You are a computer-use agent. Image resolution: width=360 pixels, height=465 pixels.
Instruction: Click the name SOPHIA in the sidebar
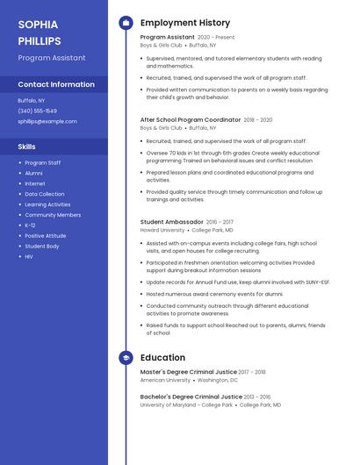coord(38,25)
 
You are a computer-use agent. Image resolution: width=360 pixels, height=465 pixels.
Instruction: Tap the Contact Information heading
coord(56,84)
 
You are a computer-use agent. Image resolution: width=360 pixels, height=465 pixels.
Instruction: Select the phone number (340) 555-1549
coord(37,111)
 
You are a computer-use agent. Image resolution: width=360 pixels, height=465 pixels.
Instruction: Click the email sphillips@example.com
coord(47,121)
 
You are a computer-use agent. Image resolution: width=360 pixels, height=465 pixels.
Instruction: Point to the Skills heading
coord(26,147)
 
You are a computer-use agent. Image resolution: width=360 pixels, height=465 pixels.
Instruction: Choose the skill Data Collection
coord(44,194)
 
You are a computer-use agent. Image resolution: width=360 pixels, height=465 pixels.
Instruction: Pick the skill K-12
coord(30,225)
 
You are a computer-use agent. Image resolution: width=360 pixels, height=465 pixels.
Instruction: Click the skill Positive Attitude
coord(45,236)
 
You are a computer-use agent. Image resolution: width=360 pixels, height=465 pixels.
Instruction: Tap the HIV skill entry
coord(29,257)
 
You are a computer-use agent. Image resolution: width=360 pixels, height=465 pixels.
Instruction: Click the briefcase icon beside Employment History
coord(126,23)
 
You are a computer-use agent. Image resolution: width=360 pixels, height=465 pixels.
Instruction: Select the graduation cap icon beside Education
coord(126,358)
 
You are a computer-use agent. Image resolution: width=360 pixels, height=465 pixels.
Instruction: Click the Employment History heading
coord(184,23)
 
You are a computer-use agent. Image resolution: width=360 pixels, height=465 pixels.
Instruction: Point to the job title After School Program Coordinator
coord(190,119)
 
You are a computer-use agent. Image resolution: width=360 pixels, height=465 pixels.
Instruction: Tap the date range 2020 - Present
coord(216,38)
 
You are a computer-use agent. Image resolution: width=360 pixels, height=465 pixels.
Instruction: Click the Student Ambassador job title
coord(171,222)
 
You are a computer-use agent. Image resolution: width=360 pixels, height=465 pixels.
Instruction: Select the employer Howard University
coord(162,230)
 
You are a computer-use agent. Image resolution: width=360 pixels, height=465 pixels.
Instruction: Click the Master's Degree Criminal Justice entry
coord(188,372)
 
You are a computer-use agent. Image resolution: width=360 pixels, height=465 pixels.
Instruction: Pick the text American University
coord(165,380)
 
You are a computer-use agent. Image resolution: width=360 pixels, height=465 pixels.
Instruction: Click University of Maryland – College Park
coord(186,405)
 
